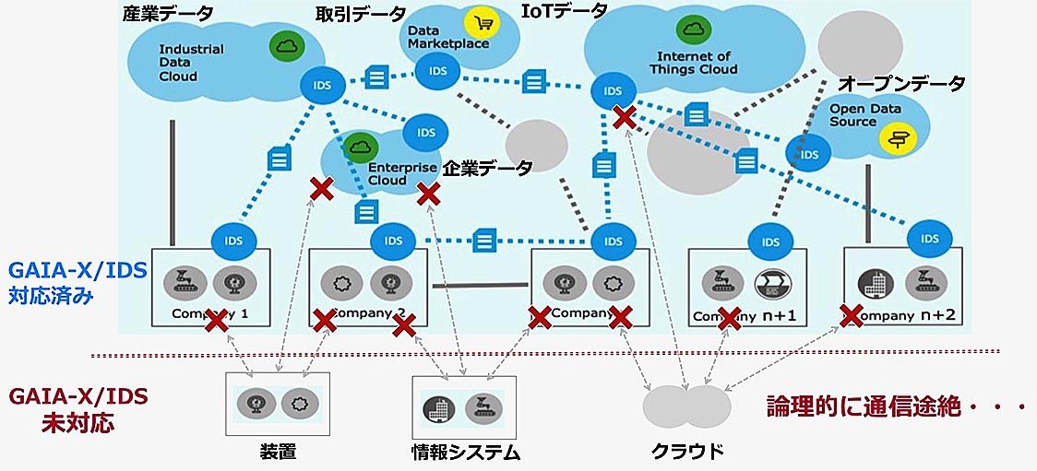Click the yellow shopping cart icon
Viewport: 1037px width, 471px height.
481,22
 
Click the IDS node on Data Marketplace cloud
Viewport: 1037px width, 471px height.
432,70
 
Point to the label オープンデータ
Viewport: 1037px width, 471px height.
900,84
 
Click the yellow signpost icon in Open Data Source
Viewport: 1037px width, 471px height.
895,139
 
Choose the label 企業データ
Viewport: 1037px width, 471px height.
488,168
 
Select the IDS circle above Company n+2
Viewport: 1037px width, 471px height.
923,239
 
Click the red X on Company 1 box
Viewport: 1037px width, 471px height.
216,321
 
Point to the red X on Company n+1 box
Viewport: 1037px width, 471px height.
730,319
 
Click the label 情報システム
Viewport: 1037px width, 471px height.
465,452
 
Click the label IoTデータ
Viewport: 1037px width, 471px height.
565,11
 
